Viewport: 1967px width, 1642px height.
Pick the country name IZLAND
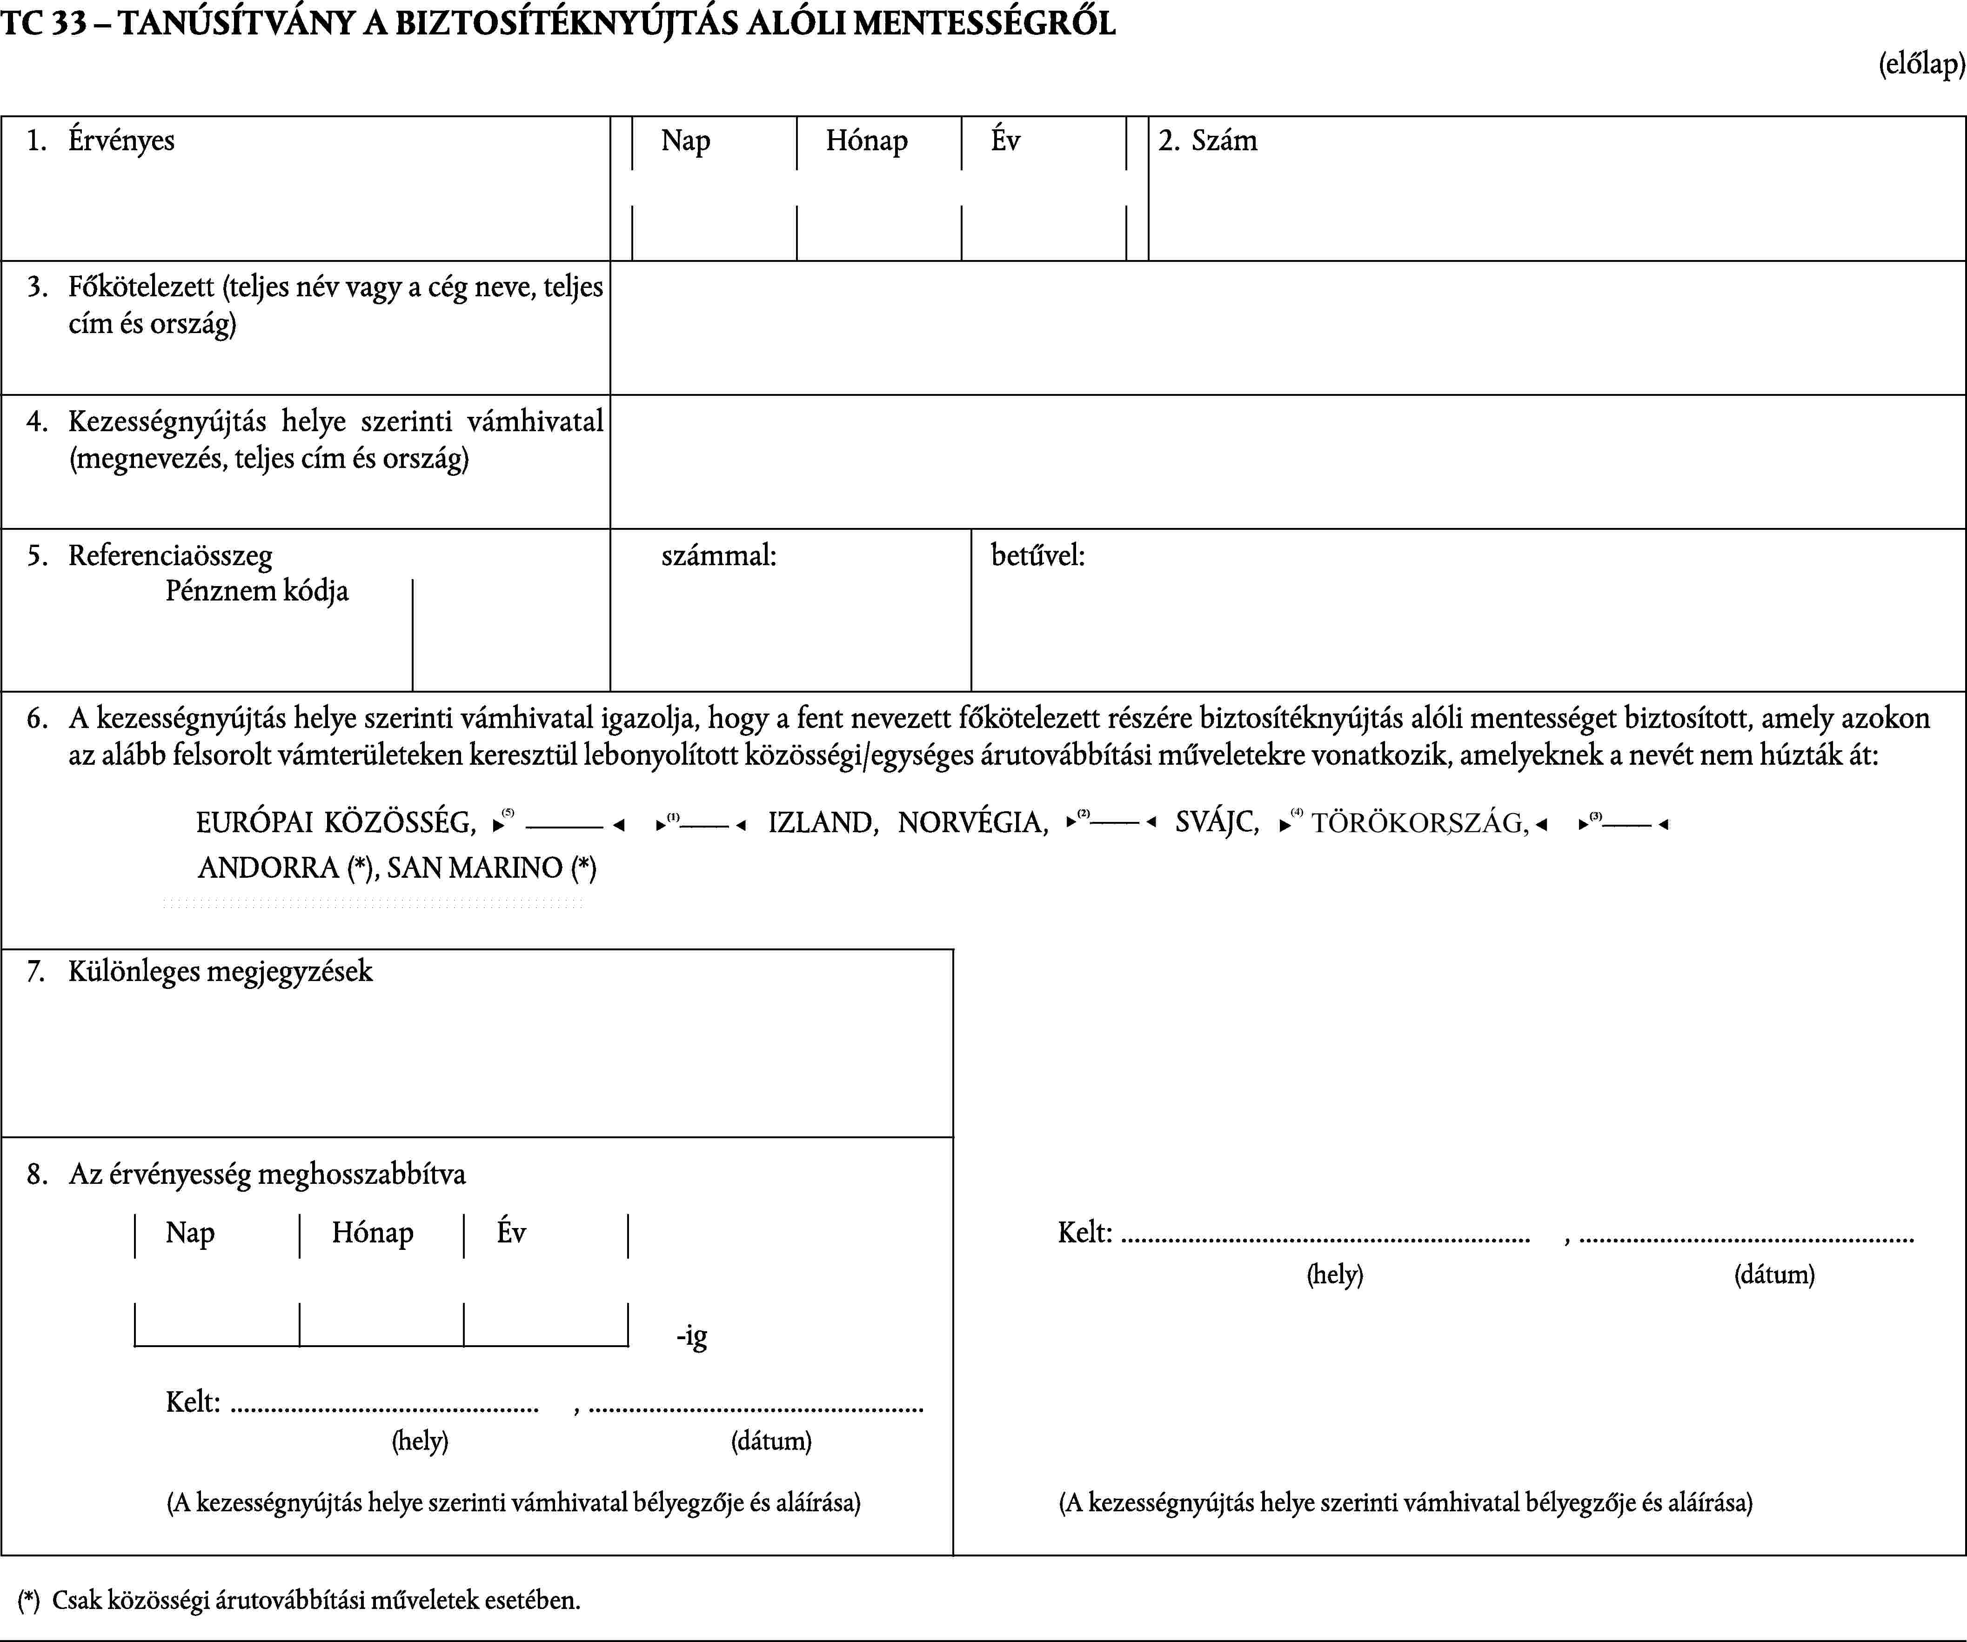[822, 822]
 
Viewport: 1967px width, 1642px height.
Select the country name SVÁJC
[1216, 822]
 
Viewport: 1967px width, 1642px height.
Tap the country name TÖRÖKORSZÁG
[1418, 822]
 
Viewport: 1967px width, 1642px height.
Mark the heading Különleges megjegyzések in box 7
[220, 971]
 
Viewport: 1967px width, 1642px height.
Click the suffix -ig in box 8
[691, 1336]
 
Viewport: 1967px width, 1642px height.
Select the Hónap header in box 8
[372, 1233]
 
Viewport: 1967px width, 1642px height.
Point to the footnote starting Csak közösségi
[315, 1600]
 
